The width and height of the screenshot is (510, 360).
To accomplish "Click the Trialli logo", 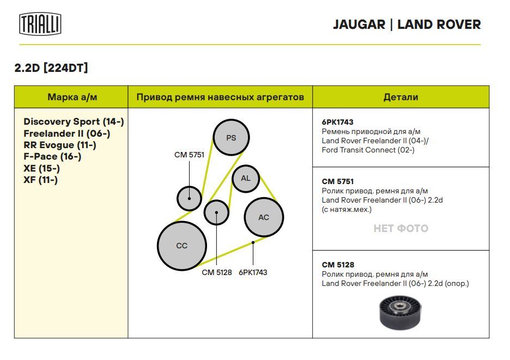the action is (x=40, y=24).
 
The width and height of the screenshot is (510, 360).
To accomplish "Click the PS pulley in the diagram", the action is (x=231, y=137).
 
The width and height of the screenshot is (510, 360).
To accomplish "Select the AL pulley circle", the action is (x=246, y=178).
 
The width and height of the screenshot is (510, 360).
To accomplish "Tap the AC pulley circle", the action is (x=264, y=217).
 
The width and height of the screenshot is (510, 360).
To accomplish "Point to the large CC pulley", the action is (x=182, y=246).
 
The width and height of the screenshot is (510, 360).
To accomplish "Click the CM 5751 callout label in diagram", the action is (x=189, y=155).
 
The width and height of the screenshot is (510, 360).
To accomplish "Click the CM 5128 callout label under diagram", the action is (x=217, y=272).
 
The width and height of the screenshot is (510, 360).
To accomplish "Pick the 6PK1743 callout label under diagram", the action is (x=253, y=272).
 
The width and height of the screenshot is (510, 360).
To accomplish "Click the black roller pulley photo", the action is (x=400, y=312).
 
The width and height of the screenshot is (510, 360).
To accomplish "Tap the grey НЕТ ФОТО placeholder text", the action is (x=400, y=228).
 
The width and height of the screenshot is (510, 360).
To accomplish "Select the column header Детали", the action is (x=400, y=97).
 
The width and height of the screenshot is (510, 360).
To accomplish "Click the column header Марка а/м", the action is (x=72, y=97).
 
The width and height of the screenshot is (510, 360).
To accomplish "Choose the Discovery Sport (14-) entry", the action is (x=74, y=121).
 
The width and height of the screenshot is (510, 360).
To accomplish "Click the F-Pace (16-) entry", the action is (x=52, y=156).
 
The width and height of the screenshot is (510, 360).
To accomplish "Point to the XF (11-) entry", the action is (x=40, y=180).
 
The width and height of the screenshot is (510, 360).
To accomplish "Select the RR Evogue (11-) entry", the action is (x=60, y=145).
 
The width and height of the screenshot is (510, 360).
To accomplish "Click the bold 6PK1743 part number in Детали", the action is (x=338, y=123).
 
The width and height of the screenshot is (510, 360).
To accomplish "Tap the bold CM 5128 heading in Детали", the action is (x=338, y=265).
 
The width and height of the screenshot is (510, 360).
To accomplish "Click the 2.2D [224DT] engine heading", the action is (x=51, y=68).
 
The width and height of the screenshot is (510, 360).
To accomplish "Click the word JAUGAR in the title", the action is (x=359, y=25).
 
